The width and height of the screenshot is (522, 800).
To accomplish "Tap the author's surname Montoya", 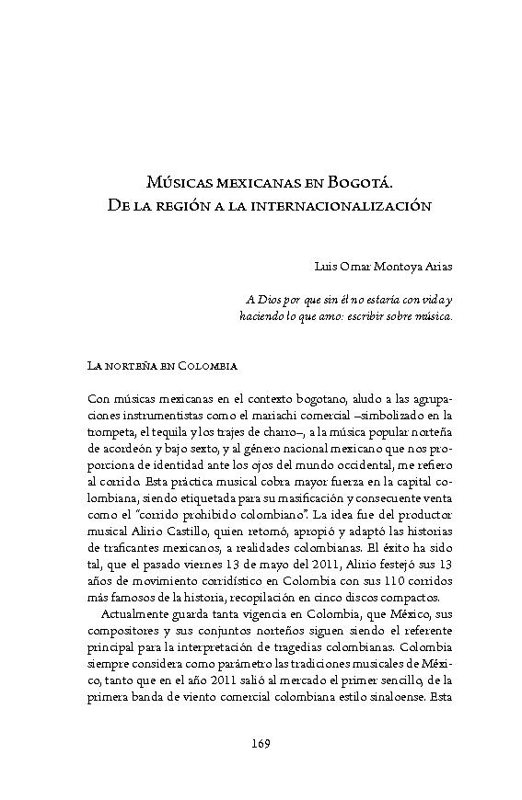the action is tap(391, 267).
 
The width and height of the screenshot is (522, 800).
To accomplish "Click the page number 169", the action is tap(261, 742).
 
